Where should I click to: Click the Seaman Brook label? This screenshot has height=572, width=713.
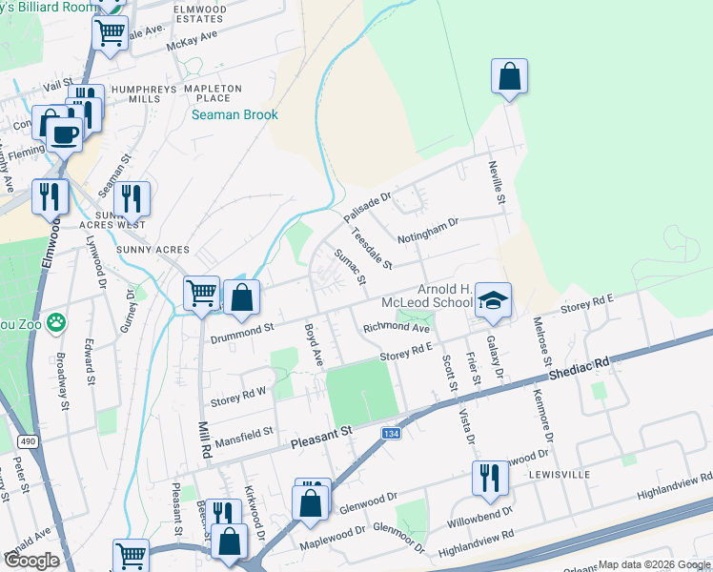(234, 115)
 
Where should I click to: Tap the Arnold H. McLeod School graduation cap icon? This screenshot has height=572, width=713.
(494, 299)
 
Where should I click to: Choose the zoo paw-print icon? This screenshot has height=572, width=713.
(56, 321)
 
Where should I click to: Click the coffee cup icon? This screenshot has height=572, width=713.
(65, 133)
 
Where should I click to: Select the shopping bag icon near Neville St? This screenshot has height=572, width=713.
(510, 76)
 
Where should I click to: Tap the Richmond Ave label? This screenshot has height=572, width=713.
(397, 328)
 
